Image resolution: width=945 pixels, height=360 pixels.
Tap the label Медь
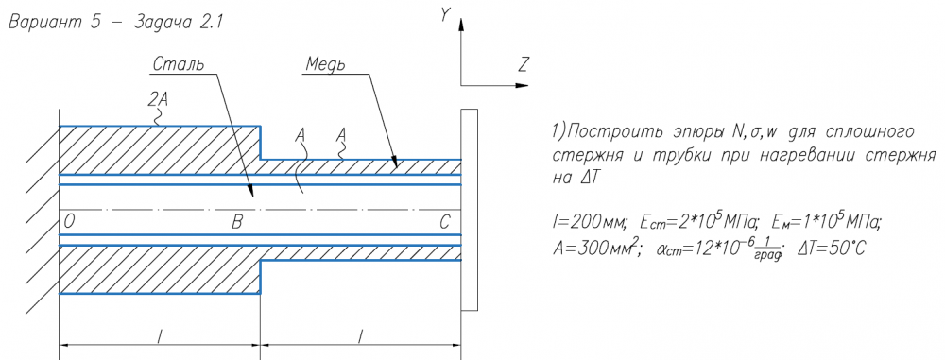click(x=325, y=63)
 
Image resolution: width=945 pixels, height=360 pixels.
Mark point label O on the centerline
click(x=69, y=222)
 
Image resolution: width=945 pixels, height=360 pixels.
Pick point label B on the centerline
click(x=237, y=222)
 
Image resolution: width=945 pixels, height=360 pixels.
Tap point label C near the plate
click(x=444, y=222)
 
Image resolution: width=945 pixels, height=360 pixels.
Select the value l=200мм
click(x=590, y=224)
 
